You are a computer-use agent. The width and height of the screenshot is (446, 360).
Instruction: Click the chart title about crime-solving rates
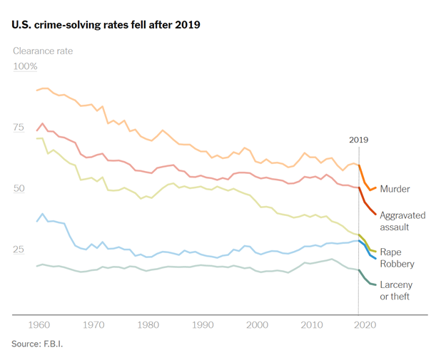pyautogui.click(x=106, y=25)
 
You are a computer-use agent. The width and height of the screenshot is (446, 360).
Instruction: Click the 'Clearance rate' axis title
pyautogui.click(x=43, y=51)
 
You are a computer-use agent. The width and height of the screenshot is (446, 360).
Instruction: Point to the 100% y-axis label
pyautogui.click(x=26, y=66)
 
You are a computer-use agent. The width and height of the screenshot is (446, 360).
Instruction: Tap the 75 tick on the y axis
pyautogui.click(x=19, y=128)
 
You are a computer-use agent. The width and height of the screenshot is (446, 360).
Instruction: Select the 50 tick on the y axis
pyautogui.click(x=19, y=188)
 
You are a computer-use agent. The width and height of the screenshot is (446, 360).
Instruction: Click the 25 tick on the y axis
pyautogui.click(x=19, y=250)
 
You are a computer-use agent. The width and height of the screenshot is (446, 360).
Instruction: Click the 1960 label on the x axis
pyautogui.click(x=39, y=325)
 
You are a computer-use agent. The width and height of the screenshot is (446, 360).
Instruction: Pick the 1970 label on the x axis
pyautogui.click(x=93, y=325)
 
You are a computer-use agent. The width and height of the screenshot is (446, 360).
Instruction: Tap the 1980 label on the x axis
pyautogui.click(x=148, y=325)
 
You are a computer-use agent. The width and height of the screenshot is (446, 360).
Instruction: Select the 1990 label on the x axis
pyautogui.click(x=203, y=325)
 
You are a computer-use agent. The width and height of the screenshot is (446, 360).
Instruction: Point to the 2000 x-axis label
pyautogui.click(x=257, y=325)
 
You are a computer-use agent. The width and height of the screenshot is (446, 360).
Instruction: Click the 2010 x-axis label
pyautogui.click(x=312, y=325)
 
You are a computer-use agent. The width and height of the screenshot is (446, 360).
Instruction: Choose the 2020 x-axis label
pyautogui.click(x=366, y=325)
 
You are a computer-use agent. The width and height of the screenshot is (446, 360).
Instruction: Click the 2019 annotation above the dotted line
pyautogui.click(x=359, y=140)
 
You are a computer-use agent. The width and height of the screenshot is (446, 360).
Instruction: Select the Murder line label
pyautogui.click(x=395, y=189)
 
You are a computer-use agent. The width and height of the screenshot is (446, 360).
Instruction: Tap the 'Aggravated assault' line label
pyautogui.click(x=402, y=221)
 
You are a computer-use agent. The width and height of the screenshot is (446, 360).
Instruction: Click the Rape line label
pyautogui.click(x=390, y=252)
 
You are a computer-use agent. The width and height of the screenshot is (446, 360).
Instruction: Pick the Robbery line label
pyautogui.click(x=397, y=264)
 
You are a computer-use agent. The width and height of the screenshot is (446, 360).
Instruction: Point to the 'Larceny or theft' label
pyautogui.click(x=396, y=290)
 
